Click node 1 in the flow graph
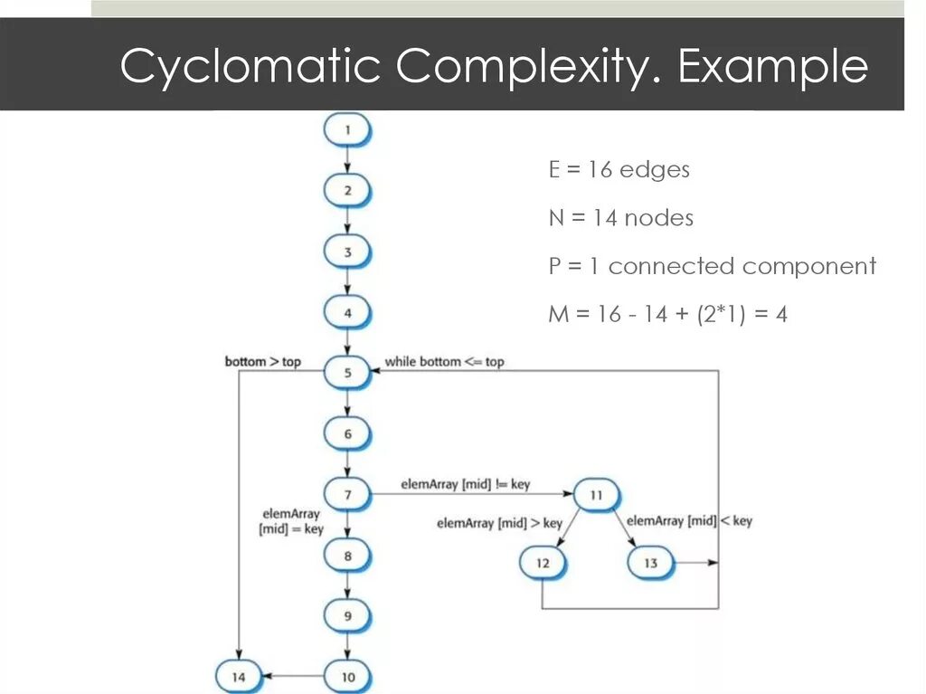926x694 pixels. coord(347,130)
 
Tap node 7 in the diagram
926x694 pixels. coord(347,495)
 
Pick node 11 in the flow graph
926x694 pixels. coord(596,495)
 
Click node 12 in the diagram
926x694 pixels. coord(543,563)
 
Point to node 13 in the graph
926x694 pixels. coord(651,563)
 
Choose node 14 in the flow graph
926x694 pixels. coord(238,676)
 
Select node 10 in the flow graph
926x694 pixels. coord(347,676)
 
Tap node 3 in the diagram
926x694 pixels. coord(347,252)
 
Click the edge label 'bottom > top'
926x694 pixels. coord(262,362)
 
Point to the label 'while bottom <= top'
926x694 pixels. coord(444,362)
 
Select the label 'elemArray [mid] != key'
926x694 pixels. coord(465,485)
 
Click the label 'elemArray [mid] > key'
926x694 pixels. coord(499,523)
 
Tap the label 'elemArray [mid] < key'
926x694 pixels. coord(689,520)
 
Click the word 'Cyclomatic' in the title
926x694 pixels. coord(249,67)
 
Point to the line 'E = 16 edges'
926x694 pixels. coord(619,169)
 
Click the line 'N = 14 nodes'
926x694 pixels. coord(620,217)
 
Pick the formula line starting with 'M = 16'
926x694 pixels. coord(667,314)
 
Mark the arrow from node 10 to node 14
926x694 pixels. coord(293,676)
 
